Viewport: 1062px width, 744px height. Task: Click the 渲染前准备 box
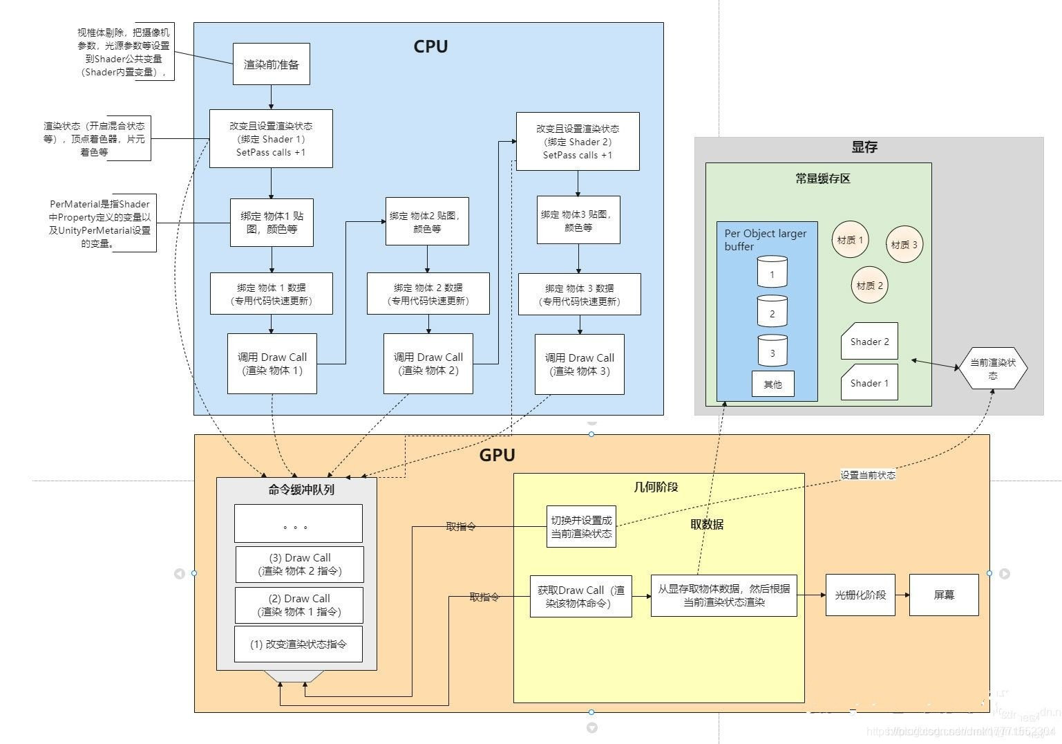click(271, 64)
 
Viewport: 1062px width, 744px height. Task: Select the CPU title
click(430, 46)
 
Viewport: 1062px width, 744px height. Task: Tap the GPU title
click(497, 455)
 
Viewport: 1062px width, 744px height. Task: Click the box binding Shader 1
click(271, 139)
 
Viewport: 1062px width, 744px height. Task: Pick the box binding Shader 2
click(578, 142)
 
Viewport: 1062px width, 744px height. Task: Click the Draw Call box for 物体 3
click(579, 364)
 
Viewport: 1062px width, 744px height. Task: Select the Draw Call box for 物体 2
click(428, 364)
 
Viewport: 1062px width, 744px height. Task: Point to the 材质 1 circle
click(850, 240)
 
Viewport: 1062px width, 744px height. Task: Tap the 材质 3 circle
click(904, 244)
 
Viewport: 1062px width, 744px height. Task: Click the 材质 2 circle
click(869, 285)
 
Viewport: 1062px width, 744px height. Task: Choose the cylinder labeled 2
click(772, 313)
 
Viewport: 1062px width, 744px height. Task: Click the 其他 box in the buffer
click(772, 384)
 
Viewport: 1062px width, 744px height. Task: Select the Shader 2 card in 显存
click(869, 341)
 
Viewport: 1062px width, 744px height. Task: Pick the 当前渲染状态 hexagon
click(993, 369)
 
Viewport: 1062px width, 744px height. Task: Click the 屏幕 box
click(943, 595)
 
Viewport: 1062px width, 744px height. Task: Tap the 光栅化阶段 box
click(860, 595)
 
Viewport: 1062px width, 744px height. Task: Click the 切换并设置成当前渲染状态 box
click(581, 527)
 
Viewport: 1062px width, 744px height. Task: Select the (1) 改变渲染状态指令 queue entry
click(298, 644)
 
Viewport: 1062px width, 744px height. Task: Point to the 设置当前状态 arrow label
click(868, 475)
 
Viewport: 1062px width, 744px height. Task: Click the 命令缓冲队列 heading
click(301, 490)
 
